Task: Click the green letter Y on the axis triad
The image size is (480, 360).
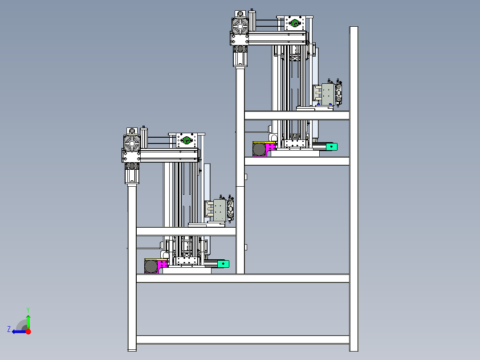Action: click(28, 310)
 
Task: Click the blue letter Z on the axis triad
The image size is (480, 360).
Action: click(9, 329)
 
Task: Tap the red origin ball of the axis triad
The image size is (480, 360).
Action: click(28, 331)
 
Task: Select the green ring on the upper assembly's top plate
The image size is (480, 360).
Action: click(295, 23)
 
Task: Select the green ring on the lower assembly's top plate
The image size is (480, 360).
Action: click(187, 140)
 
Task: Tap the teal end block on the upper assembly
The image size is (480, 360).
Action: click(332, 147)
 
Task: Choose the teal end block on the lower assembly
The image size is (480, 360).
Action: click(224, 264)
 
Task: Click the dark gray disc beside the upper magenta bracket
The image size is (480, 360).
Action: click(259, 149)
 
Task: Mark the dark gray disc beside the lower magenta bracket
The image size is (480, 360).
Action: click(151, 266)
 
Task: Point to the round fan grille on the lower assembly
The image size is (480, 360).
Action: click(132, 144)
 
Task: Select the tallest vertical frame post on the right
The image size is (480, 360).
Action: click(354, 189)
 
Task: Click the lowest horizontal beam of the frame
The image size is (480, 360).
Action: click(243, 340)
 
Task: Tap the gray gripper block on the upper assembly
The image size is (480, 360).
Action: click(328, 94)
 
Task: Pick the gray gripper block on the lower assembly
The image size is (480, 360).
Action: click(220, 210)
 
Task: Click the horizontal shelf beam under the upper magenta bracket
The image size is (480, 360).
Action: click(297, 161)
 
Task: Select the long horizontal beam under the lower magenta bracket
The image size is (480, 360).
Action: click(243, 278)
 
